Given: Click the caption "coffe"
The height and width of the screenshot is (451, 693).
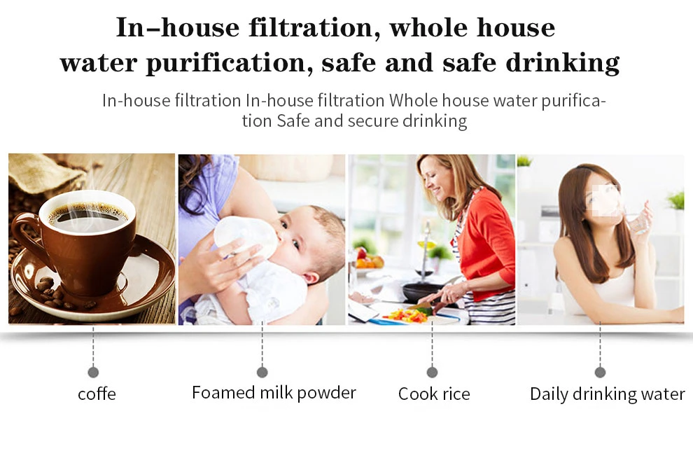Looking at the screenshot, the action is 97,394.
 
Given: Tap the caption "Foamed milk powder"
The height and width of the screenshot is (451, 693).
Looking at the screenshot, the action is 274,393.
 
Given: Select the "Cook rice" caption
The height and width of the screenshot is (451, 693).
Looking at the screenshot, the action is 434,394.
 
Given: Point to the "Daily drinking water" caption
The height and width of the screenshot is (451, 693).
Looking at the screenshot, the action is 608,394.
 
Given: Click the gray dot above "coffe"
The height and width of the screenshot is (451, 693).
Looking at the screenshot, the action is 93,373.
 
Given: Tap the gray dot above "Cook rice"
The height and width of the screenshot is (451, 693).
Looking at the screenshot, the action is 432,373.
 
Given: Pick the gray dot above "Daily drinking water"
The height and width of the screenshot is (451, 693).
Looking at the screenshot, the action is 600,373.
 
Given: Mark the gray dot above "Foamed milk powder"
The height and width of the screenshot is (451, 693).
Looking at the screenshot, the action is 262,373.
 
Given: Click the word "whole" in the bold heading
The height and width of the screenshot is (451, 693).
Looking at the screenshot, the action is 428,27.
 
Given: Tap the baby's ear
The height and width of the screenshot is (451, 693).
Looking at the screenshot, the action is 311,278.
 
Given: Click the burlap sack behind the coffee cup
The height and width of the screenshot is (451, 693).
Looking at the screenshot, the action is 44,172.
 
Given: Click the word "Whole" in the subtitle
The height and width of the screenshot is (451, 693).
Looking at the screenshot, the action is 414,100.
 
